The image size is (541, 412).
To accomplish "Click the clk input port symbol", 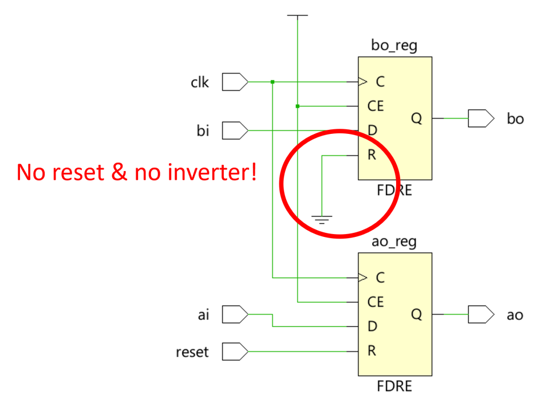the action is (x=235, y=82).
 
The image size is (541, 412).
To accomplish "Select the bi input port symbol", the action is (x=235, y=130).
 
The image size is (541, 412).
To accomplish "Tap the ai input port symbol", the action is (x=235, y=314).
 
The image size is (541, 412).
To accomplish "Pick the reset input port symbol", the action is (x=235, y=351).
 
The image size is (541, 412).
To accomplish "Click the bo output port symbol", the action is (x=481, y=118).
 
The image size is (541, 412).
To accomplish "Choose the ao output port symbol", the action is (x=481, y=314).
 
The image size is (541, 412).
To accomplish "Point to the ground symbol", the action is (x=322, y=220).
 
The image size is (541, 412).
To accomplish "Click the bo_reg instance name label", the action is (x=394, y=46).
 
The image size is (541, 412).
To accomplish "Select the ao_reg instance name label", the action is (x=394, y=242).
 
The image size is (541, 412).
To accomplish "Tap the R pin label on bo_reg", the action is (x=372, y=155).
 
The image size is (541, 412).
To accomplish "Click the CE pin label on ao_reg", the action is (x=376, y=302).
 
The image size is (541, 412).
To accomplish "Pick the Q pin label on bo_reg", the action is (x=416, y=118).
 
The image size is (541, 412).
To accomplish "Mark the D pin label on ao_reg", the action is (x=372, y=326).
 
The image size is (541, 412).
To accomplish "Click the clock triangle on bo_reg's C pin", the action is (x=362, y=82).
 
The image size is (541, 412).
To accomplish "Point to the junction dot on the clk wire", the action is (x=273, y=82).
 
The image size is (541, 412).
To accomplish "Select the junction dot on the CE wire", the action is (x=298, y=106).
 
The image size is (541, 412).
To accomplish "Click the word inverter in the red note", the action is (x=211, y=172).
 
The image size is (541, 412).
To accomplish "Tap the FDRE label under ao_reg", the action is (x=394, y=386).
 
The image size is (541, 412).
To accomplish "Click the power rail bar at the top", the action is (x=298, y=15).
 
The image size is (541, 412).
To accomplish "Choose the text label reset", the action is (x=192, y=352).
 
